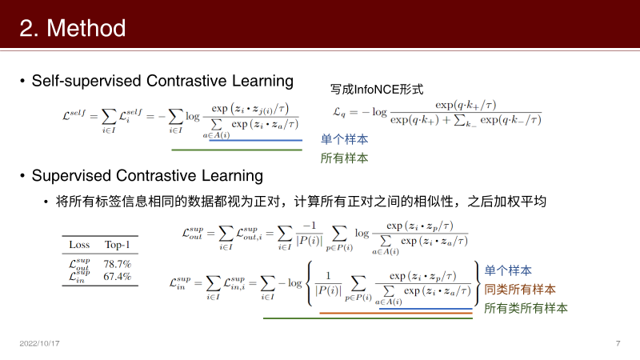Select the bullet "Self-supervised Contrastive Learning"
(x=162, y=81)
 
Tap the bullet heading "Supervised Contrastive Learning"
(x=148, y=174)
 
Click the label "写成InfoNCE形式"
(x=376, y=90)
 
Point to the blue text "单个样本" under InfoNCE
(x=345, y=138)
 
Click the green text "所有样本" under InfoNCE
(x=345, y=158)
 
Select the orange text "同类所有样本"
(x=520, y=289)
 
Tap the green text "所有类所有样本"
(x=526, y=307)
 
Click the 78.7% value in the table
(x=118, y=264)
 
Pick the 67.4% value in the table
(x=118, y=277)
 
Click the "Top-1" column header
(x=118, y=244)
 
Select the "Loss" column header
(x=80, y=244)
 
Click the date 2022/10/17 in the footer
(x=40, y=343)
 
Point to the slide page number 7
(x=618, y=343)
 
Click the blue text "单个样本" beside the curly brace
(x=508, y=270)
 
